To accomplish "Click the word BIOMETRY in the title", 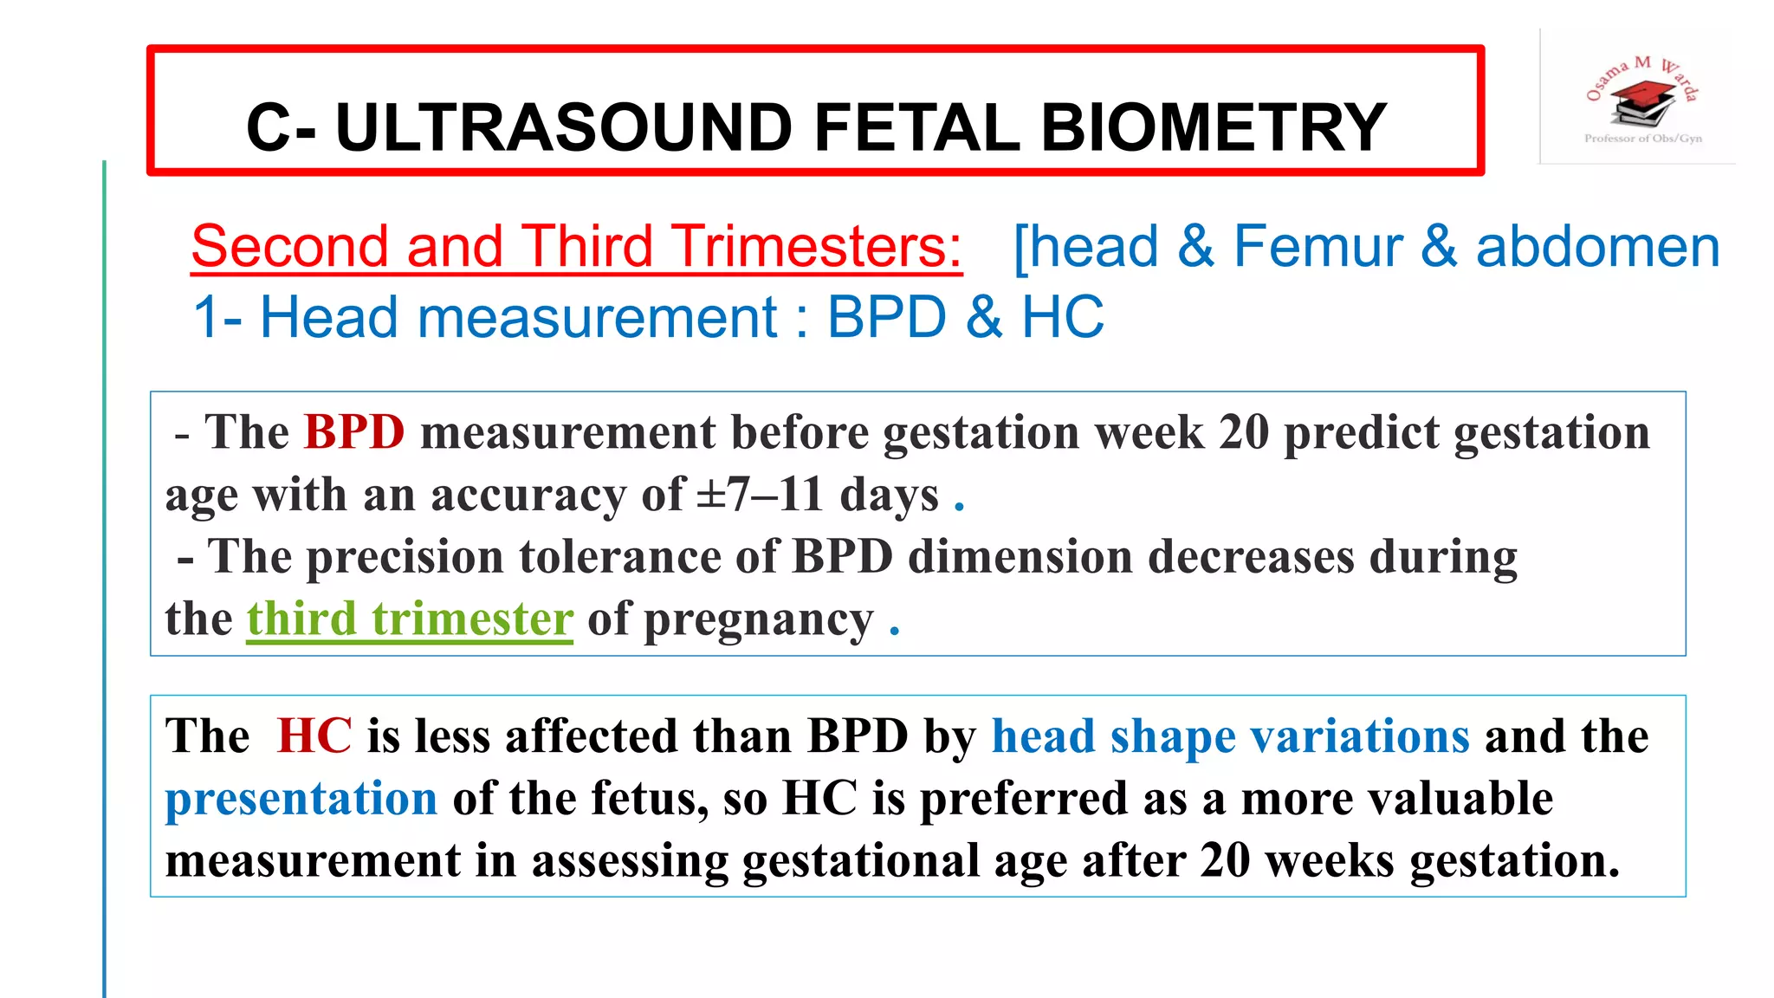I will [1213, 127].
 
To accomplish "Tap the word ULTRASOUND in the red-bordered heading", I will [563, 127].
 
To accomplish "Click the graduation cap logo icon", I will [1642, 102].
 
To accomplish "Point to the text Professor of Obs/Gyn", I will [1642, 139].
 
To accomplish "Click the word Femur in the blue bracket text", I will [1317, 246].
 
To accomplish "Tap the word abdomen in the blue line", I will [1597, 246].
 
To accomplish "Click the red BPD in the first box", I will [354, 431].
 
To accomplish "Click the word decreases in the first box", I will [1251, 556].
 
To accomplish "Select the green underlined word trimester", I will [472, 619].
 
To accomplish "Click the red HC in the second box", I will [314, 736].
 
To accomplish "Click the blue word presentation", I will [301, 799].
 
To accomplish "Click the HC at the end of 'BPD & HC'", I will [1063, 317].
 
